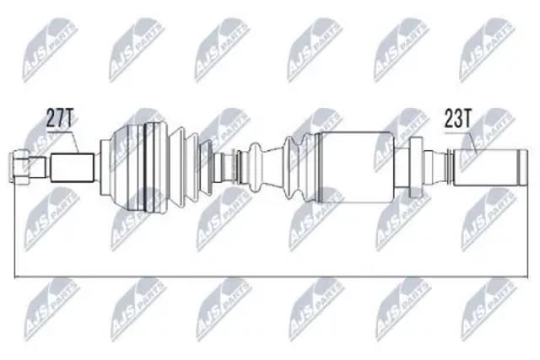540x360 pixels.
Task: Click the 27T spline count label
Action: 60,118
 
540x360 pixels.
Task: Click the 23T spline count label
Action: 457,118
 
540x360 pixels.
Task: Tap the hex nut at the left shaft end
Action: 20,167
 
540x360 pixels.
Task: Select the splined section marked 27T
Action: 73,168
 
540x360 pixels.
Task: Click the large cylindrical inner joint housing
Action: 357,167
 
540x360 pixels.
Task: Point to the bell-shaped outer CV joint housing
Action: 133,167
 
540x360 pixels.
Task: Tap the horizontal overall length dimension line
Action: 271,277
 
